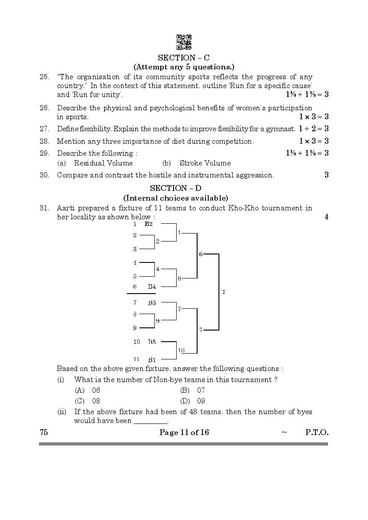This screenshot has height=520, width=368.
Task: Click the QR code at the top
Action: pyautogui.click(x=184, y=42)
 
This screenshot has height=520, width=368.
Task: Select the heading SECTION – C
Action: pyautogui.click(x=184, y=57)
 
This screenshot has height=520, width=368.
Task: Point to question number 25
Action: pyautogui.click(x=44, y=77)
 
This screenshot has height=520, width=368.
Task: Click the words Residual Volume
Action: pyautogui.click(x=103, y=163)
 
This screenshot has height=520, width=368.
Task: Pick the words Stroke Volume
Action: pyautogui.click(x=205, y=163)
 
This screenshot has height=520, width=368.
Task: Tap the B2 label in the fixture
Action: pyautogui.click(x=149, y=224)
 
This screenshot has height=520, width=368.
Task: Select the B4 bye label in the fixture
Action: pyautogui.click(x=152, y=287)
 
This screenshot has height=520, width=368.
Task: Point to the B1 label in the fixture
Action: pyautogui.click(x=152, y=359)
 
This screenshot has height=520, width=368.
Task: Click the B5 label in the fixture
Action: pyautogui.click(x=152, y=342)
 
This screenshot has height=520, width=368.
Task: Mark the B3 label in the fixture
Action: pyautogui.click(x=152, y=303)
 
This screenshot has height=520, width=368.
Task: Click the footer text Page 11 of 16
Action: pyautogui.click(x=184, y=432)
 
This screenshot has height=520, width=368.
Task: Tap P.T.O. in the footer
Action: pyautogui.click(x=317, y=432)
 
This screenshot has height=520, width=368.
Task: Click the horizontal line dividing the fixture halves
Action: pyautogui.click(x=141, y=294)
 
